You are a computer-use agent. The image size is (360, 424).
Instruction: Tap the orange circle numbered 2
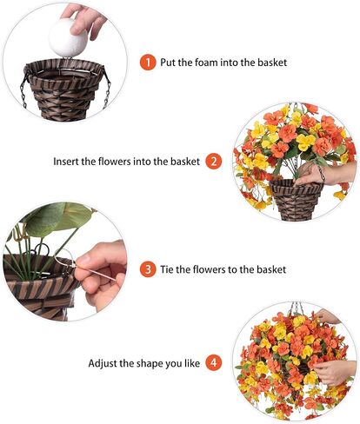click(x=214, y=161)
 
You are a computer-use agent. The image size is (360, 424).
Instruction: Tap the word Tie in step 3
click(x=169, y=269)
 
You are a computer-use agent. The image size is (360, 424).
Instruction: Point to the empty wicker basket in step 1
click(x=66, y=87)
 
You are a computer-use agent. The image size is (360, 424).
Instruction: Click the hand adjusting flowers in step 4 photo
click(x=336, y=369)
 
